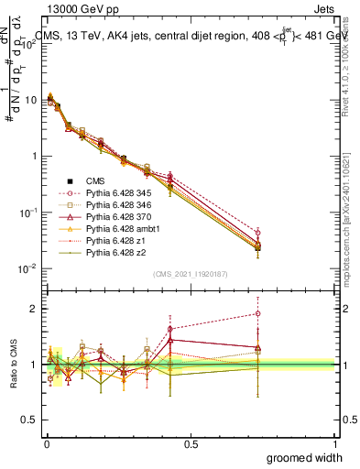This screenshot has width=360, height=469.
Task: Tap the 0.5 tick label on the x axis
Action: [191, 443]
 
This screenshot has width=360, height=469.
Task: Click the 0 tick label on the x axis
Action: [46, 443]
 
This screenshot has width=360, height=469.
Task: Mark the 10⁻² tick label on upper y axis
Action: [27, 268]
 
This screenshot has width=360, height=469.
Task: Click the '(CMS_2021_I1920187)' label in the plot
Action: [190, 274]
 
